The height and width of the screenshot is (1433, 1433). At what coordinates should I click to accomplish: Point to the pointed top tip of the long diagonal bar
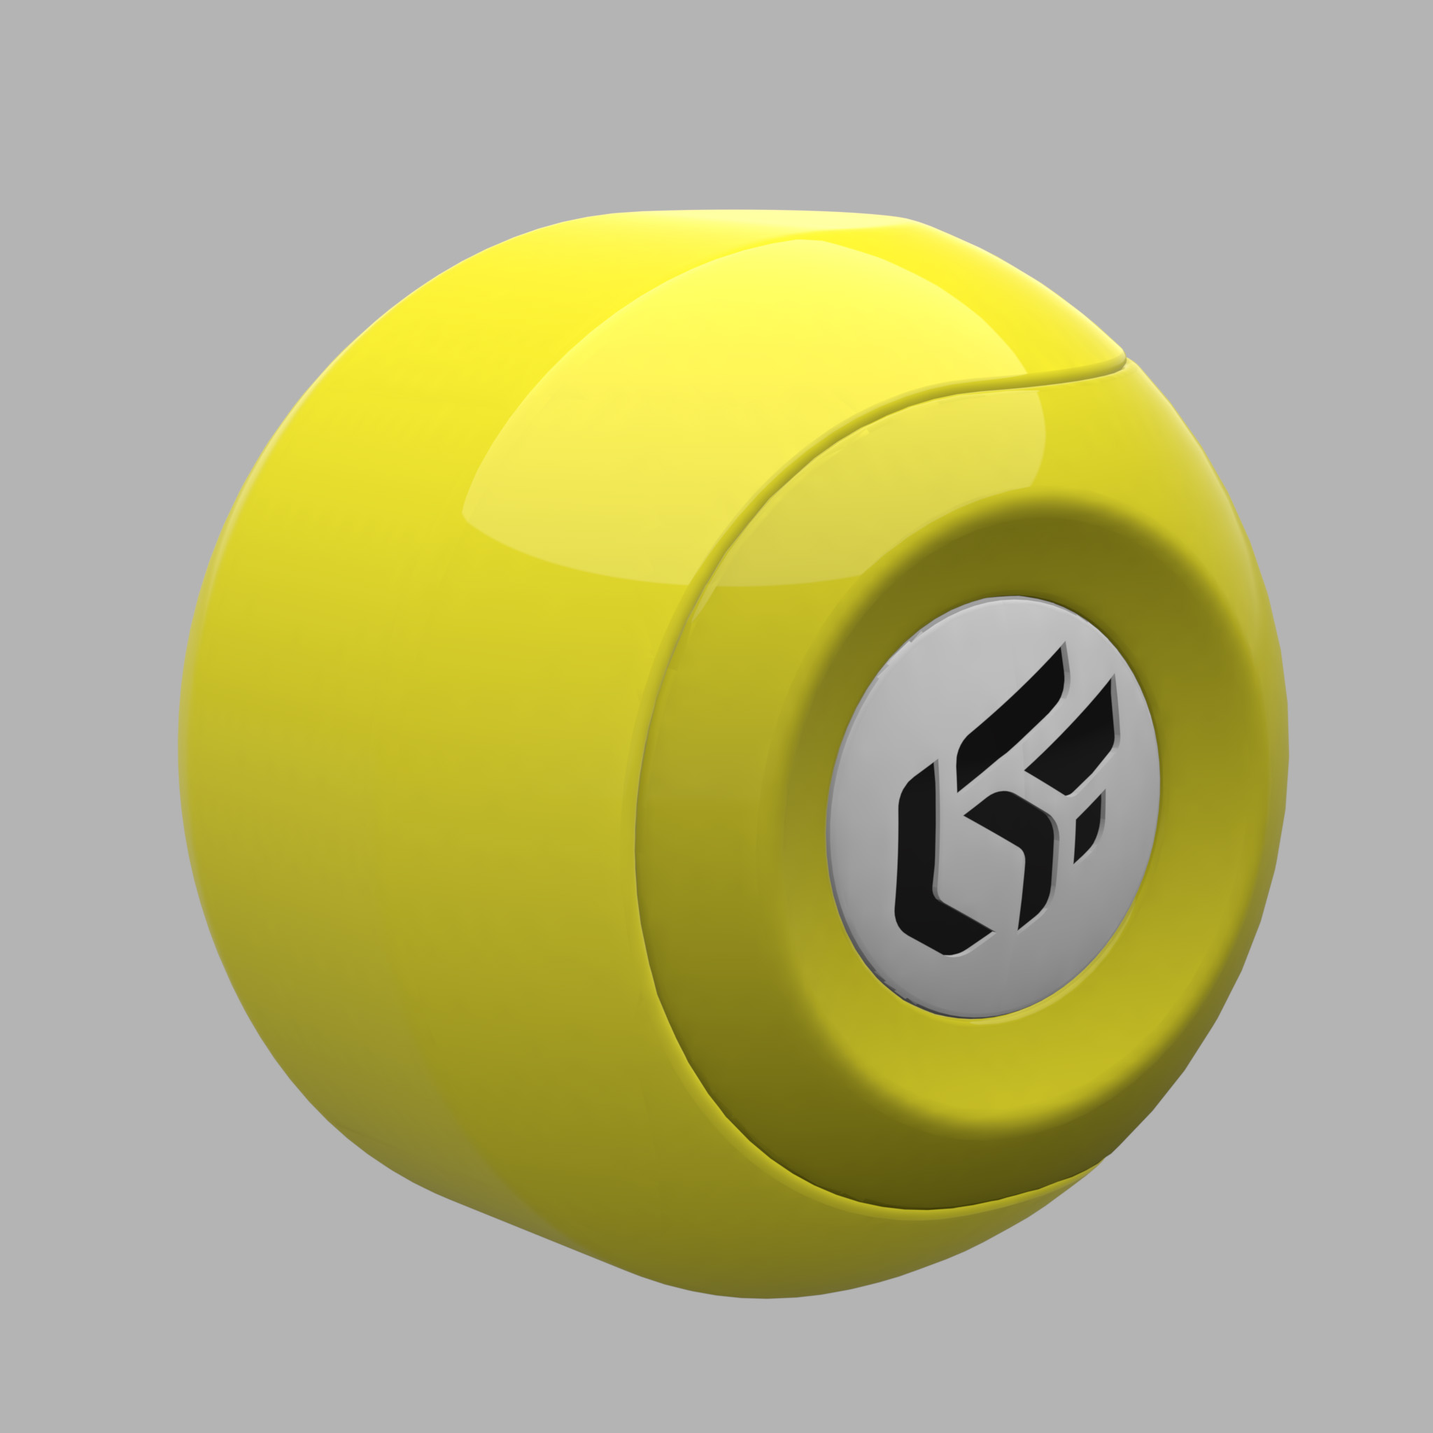tap(1064, 644)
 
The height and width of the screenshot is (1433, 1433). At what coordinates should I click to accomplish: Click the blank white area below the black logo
tap(987, 979)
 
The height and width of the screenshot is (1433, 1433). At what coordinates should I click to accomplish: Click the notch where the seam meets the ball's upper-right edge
tap(1124, 359)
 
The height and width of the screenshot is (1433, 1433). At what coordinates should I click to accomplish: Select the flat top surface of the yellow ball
tap(742, 223)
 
